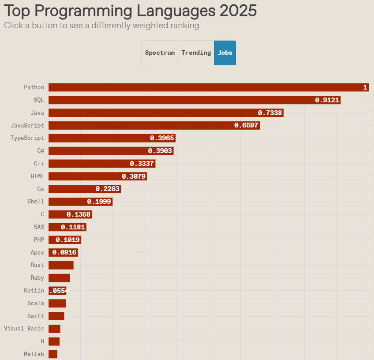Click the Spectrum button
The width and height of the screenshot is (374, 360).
(x=160, y=53)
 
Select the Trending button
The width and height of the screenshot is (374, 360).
(x=196, y=53)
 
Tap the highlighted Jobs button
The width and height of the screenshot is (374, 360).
(x=225, y=53)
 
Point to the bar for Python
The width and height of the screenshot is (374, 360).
(x=207, y=87)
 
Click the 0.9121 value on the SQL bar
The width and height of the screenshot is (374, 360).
(x=327, y=100)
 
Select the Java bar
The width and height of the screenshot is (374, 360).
(x=165, y=113)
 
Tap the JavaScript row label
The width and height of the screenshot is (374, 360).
(x=27, y=126)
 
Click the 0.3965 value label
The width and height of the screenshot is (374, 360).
(x=162, y=138)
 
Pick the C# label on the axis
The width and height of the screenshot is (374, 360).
(x=41, y=151)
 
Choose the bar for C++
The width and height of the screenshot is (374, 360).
(x=101, y=164)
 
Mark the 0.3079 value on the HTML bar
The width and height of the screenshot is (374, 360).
(x=134, y=176)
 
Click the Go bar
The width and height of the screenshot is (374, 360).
(x=84, y=189)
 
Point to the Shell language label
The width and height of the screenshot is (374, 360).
(x=36, y=202)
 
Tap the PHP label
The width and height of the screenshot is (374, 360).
(x=39, y=240)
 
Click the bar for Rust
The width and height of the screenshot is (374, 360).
(x=61, y=265)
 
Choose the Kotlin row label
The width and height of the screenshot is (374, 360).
(x=34, y=291)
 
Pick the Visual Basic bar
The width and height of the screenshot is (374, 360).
(x=54, y=329)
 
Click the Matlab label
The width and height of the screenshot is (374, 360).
(x=34, y=354)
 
